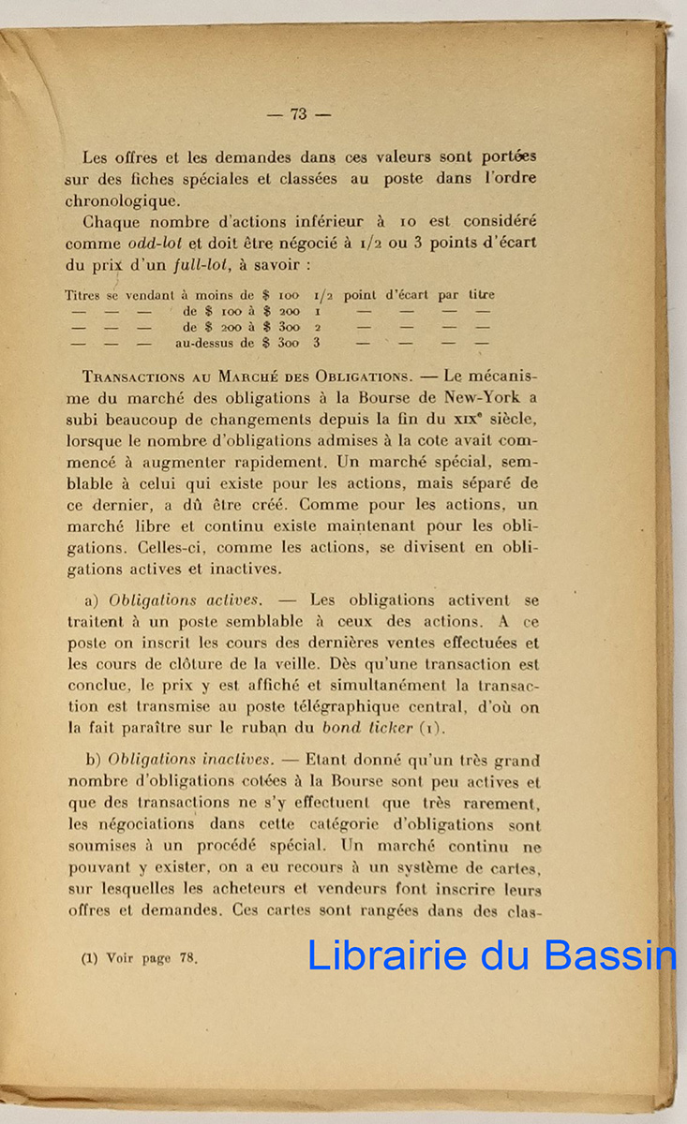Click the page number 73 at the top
pos(299,114)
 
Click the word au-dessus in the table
pos(205,344)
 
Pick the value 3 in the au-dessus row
pos(318,344)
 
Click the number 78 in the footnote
pos(185,958)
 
